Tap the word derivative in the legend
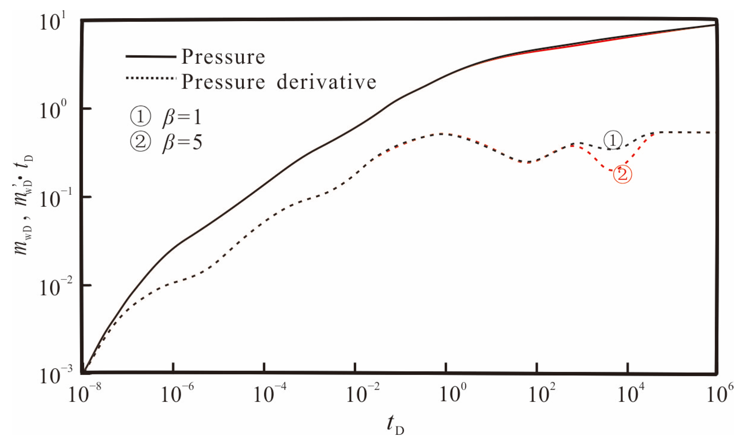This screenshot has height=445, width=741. point(326,82)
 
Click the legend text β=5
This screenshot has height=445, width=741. point(182,142)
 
